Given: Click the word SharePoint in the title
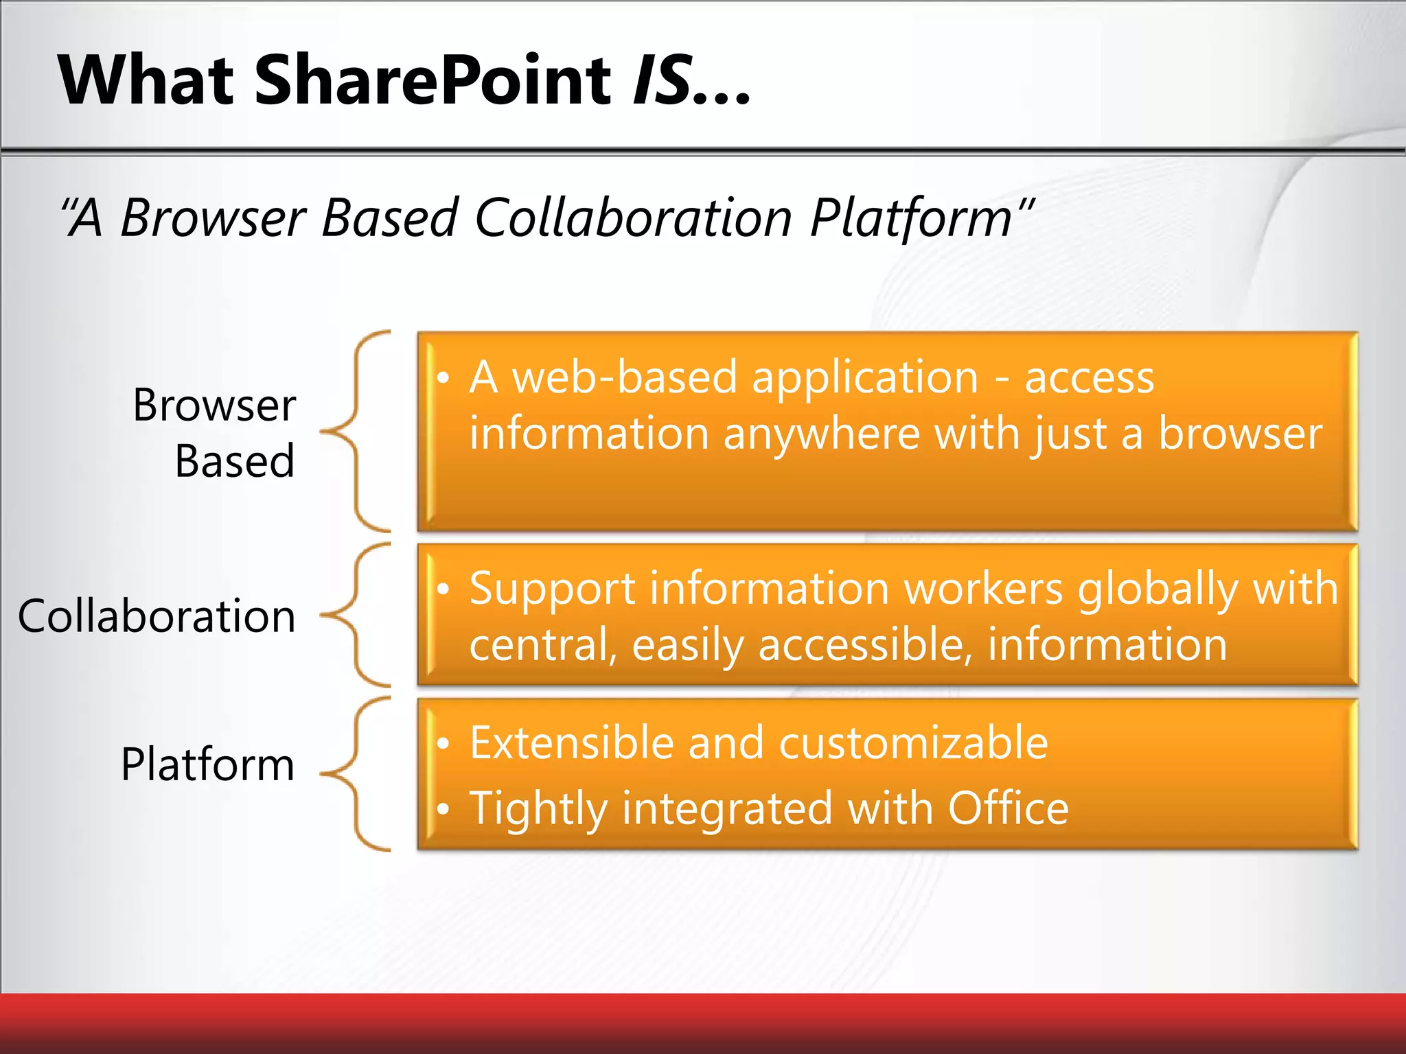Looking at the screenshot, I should click(x=433, y=80).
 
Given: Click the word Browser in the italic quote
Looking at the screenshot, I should click(x=213, y=218).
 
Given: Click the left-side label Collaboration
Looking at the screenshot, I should click(x=157, y=616).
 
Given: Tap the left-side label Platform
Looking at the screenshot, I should click(x=207, y=764).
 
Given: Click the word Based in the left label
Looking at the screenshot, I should click(x=235, y=461).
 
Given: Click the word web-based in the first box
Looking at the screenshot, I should click(x=625, y=377).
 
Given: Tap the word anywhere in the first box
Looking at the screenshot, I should click(x=821, y=435).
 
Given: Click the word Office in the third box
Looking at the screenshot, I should click(x=1008, y=808).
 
